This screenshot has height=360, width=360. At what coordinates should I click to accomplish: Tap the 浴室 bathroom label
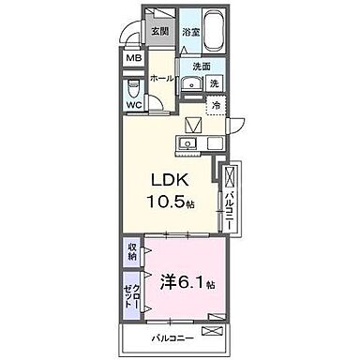click(192, 32)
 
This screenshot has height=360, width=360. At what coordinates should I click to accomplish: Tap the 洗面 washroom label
click(202, 67)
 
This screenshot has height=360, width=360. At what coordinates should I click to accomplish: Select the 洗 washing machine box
click(215, 84)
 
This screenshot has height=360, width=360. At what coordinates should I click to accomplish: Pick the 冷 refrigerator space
click(214, 105)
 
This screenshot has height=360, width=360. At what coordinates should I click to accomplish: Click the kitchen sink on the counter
click(187, 144)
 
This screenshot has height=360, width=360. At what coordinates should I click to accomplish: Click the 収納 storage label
click(132, 250)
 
